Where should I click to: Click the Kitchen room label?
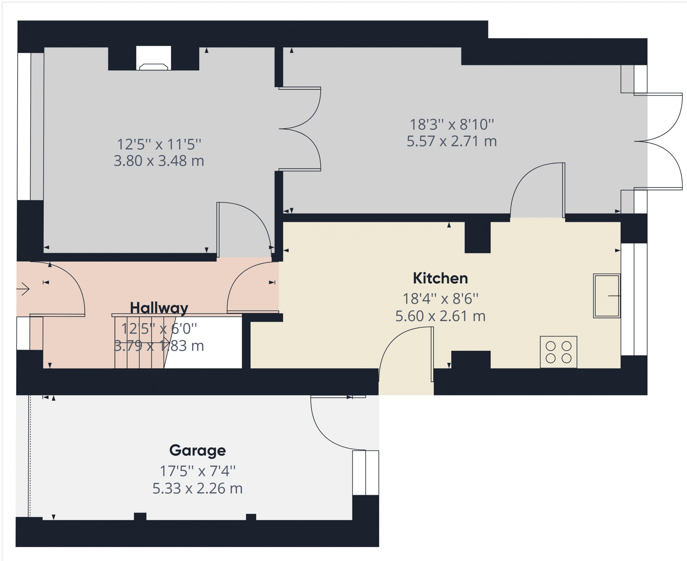click(x=440, y=278)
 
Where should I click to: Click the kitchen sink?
click(x=606, y=296)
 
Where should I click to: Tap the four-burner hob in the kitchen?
click(x=558, y=352)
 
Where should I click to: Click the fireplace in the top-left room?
click(x=154, y=59)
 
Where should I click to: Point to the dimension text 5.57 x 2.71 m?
click(x=452, y=141)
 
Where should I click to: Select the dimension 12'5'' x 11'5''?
click(x=159, y=144)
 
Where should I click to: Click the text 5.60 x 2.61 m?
click(x=440, y=316)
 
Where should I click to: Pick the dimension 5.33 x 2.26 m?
click(x=197, y=488)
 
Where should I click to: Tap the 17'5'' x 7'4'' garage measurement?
click(x=198, y=471)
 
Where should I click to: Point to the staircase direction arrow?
click(x=142, y=342)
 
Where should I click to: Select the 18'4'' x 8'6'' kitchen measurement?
click(x=440, y=299)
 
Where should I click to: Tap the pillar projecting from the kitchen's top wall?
click(x=477, y=238)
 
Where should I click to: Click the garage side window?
click(x=365, y=473)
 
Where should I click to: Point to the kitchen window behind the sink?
click(x=634, y=299)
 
